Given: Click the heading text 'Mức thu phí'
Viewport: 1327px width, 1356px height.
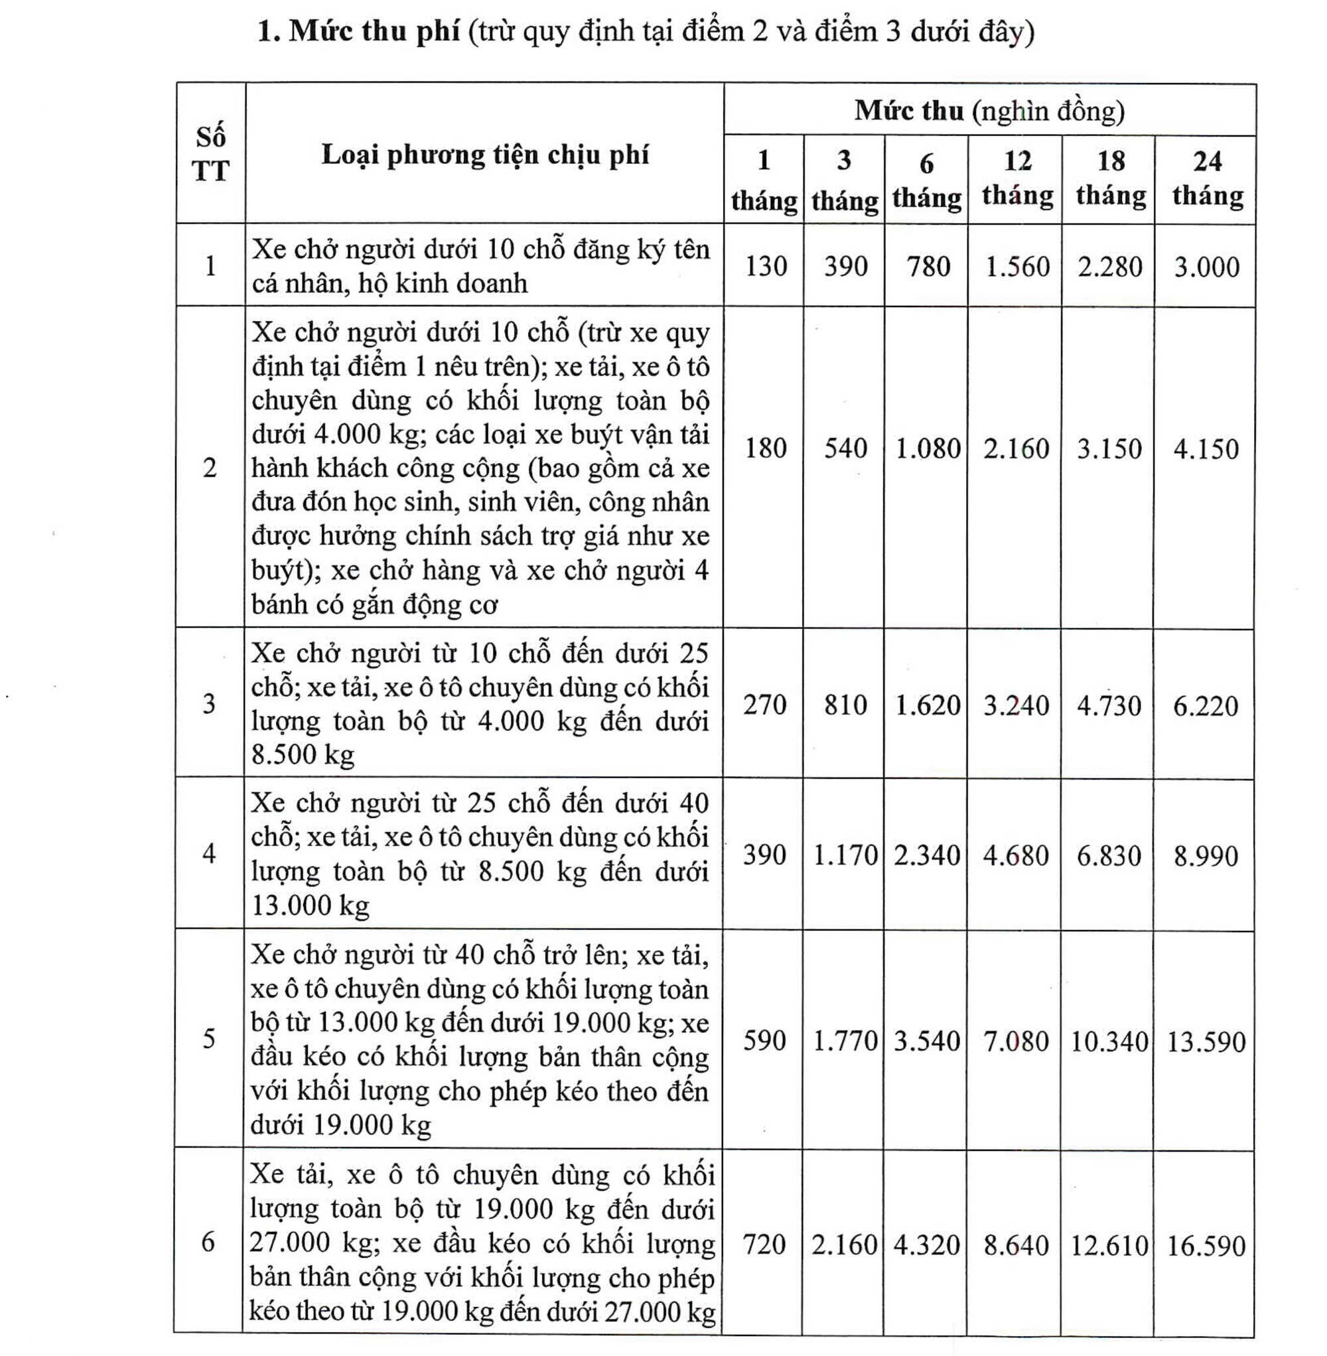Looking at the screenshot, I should pyautogui.click(x=374, y=31).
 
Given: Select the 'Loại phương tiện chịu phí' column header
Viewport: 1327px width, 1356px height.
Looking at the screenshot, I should pyautogui.click(x=484, y=155).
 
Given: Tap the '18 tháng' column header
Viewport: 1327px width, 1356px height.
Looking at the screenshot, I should pyautogui.click(x=1110, y=178).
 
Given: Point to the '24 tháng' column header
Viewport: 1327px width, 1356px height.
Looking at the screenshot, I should pyautogui.click(x=1207, y=178).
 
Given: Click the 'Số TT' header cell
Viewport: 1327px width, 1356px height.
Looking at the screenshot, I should pyautogui.click(x=210, y=154).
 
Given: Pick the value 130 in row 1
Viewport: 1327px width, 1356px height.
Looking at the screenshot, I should pyautogui.click(x=765, y=266).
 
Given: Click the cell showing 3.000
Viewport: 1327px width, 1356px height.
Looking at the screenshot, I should pyautogui.click(x=1206, y=267).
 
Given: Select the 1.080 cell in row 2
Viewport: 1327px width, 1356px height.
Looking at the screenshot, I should pyautogui.click(x=927, y=448).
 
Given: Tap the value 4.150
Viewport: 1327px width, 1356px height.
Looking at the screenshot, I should pyautogui.click(x=1206, y=448).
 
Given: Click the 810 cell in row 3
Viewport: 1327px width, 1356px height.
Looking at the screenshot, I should pyautogui.click(x=845, y=705).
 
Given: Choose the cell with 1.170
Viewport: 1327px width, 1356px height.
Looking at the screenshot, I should pyautogui.click(x=845, y=855).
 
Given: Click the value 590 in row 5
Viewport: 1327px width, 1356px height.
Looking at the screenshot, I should pyautogui.click(x=764, y=1040).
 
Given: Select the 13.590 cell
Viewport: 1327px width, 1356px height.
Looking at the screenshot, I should pyautogui.click(x=1206, y=1042).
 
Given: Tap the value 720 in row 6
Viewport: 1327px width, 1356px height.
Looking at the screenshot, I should pyautogui.click(x=764, y=1245).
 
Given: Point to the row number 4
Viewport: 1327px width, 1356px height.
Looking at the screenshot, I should pyautogui.click(x=209, y=853).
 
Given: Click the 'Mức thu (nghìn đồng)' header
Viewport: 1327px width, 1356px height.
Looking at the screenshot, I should pyautogui.click(x=990, y=111).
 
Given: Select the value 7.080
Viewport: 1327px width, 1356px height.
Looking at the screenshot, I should pyautogui.click(x=1015, y=1041).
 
